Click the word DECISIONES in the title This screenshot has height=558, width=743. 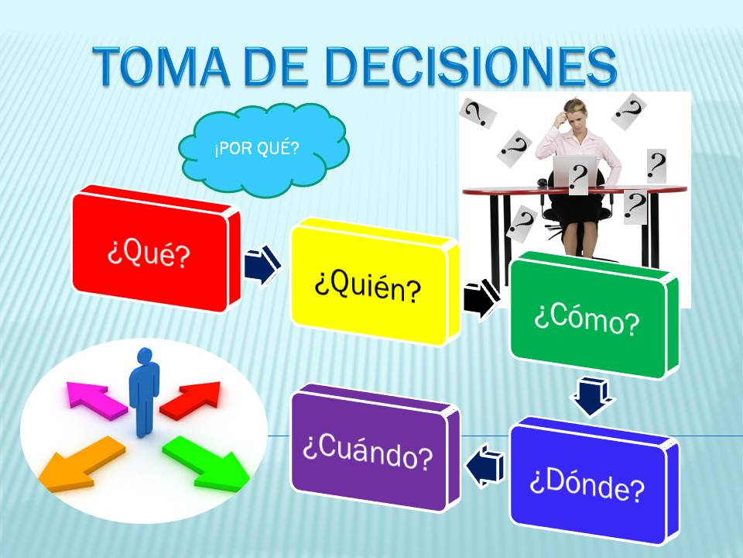tap(472, 66)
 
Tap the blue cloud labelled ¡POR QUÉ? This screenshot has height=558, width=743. tap(263, 149)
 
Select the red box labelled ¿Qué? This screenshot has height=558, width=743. tap(156, 249)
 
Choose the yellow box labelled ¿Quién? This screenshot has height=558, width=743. tap(375, 282)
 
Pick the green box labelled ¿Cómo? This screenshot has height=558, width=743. tap(594, 315)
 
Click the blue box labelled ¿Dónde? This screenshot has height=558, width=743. tap(594, 481)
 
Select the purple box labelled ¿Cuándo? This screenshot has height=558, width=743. tap(375, 448)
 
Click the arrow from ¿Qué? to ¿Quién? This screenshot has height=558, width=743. tap(262, 265)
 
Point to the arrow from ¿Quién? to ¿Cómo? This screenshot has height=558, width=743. tap(481, 300)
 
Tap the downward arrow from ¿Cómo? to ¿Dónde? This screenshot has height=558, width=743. tap(592, 397)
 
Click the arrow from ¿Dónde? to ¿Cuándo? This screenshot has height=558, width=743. tap(485, 466)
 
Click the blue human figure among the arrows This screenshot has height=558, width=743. tap(144, 392)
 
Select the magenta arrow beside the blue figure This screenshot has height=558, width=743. tap(96, 400)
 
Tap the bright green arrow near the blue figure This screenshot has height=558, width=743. tap(207, 463)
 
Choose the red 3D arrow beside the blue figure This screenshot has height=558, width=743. tap(191, 400)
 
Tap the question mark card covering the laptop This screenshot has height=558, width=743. tap(578, 177)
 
